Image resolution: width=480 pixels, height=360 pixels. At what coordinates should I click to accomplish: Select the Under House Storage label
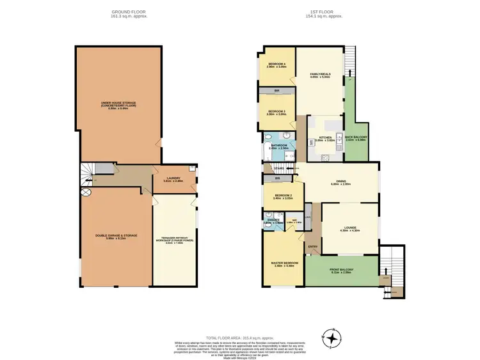tap(118, 105)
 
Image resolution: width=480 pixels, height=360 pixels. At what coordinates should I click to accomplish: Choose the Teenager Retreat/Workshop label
tap(173, 240)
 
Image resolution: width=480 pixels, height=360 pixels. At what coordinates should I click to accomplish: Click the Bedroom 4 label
tap(276, 65)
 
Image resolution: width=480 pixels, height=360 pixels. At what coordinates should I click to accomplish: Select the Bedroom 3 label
tap(276, 113)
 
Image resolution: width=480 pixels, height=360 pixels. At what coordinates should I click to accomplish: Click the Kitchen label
tap(324, 137)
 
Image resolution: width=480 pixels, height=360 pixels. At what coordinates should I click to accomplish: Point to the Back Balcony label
tap(355, 137)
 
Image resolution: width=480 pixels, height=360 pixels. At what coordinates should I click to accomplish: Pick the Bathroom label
tap(278, 146)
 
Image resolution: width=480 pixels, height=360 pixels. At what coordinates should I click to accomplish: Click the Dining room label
tap(340, 182)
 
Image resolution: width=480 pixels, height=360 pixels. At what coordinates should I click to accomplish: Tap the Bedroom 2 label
tap(283, 196)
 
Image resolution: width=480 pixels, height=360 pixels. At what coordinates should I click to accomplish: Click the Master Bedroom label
tap(282, 263)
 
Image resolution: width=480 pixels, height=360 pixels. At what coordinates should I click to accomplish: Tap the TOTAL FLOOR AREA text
tap(239, 336)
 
